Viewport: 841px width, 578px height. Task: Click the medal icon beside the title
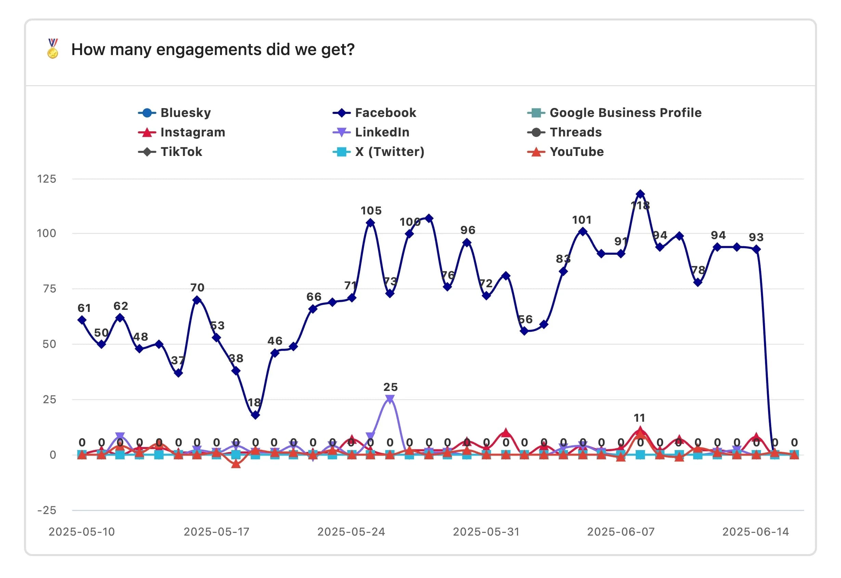pos(53,49)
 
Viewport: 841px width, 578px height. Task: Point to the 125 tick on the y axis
pos(47,179)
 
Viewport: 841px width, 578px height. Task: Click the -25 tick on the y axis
pos(47,510)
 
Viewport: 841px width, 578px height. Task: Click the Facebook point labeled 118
pos(640,194)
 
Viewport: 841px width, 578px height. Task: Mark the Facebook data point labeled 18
pos(255,415)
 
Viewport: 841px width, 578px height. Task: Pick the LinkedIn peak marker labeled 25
pos(390,399)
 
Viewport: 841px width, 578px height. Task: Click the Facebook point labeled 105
pos(370,223)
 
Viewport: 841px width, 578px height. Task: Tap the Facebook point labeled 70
pos(197,300)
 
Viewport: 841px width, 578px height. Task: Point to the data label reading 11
pos(639,418)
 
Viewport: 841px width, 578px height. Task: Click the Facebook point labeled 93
pos(756,249)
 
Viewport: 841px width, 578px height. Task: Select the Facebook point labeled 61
pos(82,320)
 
